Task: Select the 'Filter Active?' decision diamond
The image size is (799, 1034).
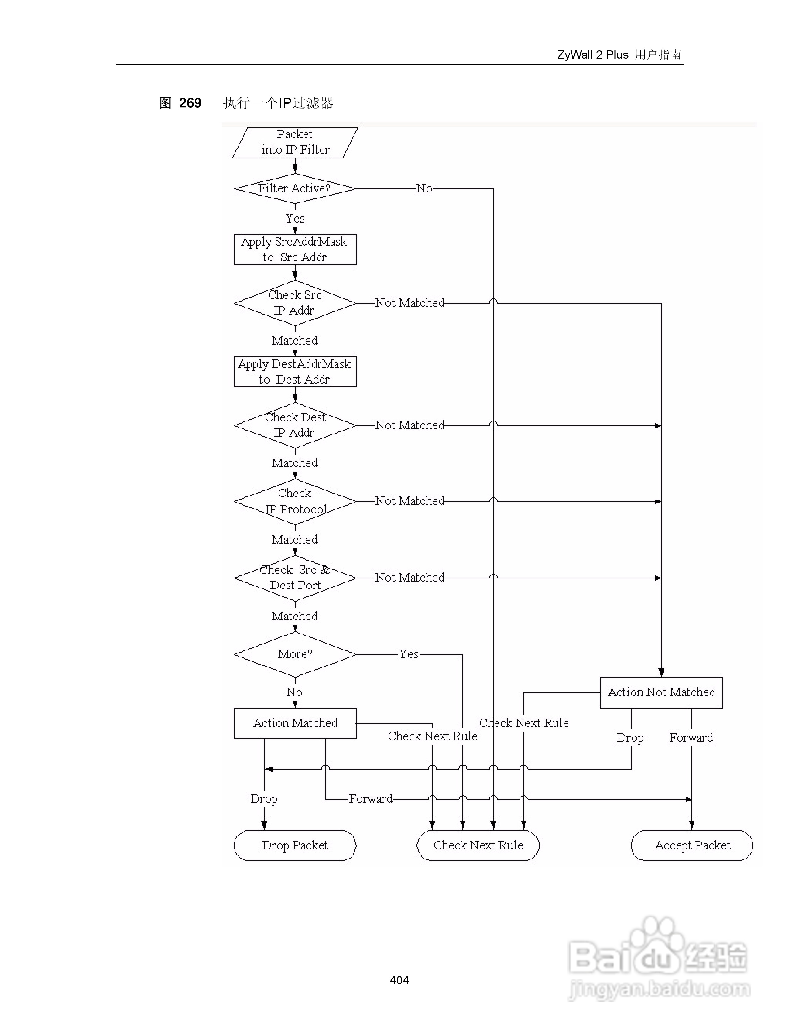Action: tap(295, 188)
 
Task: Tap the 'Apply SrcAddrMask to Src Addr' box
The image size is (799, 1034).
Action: tap(295, 249)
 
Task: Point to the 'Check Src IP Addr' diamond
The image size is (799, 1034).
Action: tap(295, 303)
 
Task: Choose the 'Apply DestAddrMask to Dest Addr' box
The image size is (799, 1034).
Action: tap(295, 372)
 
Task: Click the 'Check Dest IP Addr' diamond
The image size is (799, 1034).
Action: tap(295, 425)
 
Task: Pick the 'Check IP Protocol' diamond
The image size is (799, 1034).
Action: tap(295, 501)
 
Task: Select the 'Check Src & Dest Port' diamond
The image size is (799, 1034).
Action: tap(295, 578)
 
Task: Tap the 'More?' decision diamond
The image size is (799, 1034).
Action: tap(295, 654)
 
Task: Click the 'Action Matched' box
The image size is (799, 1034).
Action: tap(295, 723)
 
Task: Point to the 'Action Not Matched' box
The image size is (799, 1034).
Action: tap(661, 692)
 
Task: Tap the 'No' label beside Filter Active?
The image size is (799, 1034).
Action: tap(424, 188)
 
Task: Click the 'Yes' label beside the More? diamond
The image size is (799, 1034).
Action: tap(409, 654)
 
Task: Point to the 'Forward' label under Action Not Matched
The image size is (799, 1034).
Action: tap(691, 738)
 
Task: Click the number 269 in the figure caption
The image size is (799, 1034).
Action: tap(190, 103)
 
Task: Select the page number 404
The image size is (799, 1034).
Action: tap(399, 980)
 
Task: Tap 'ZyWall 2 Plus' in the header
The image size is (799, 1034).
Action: tap(593, 55)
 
